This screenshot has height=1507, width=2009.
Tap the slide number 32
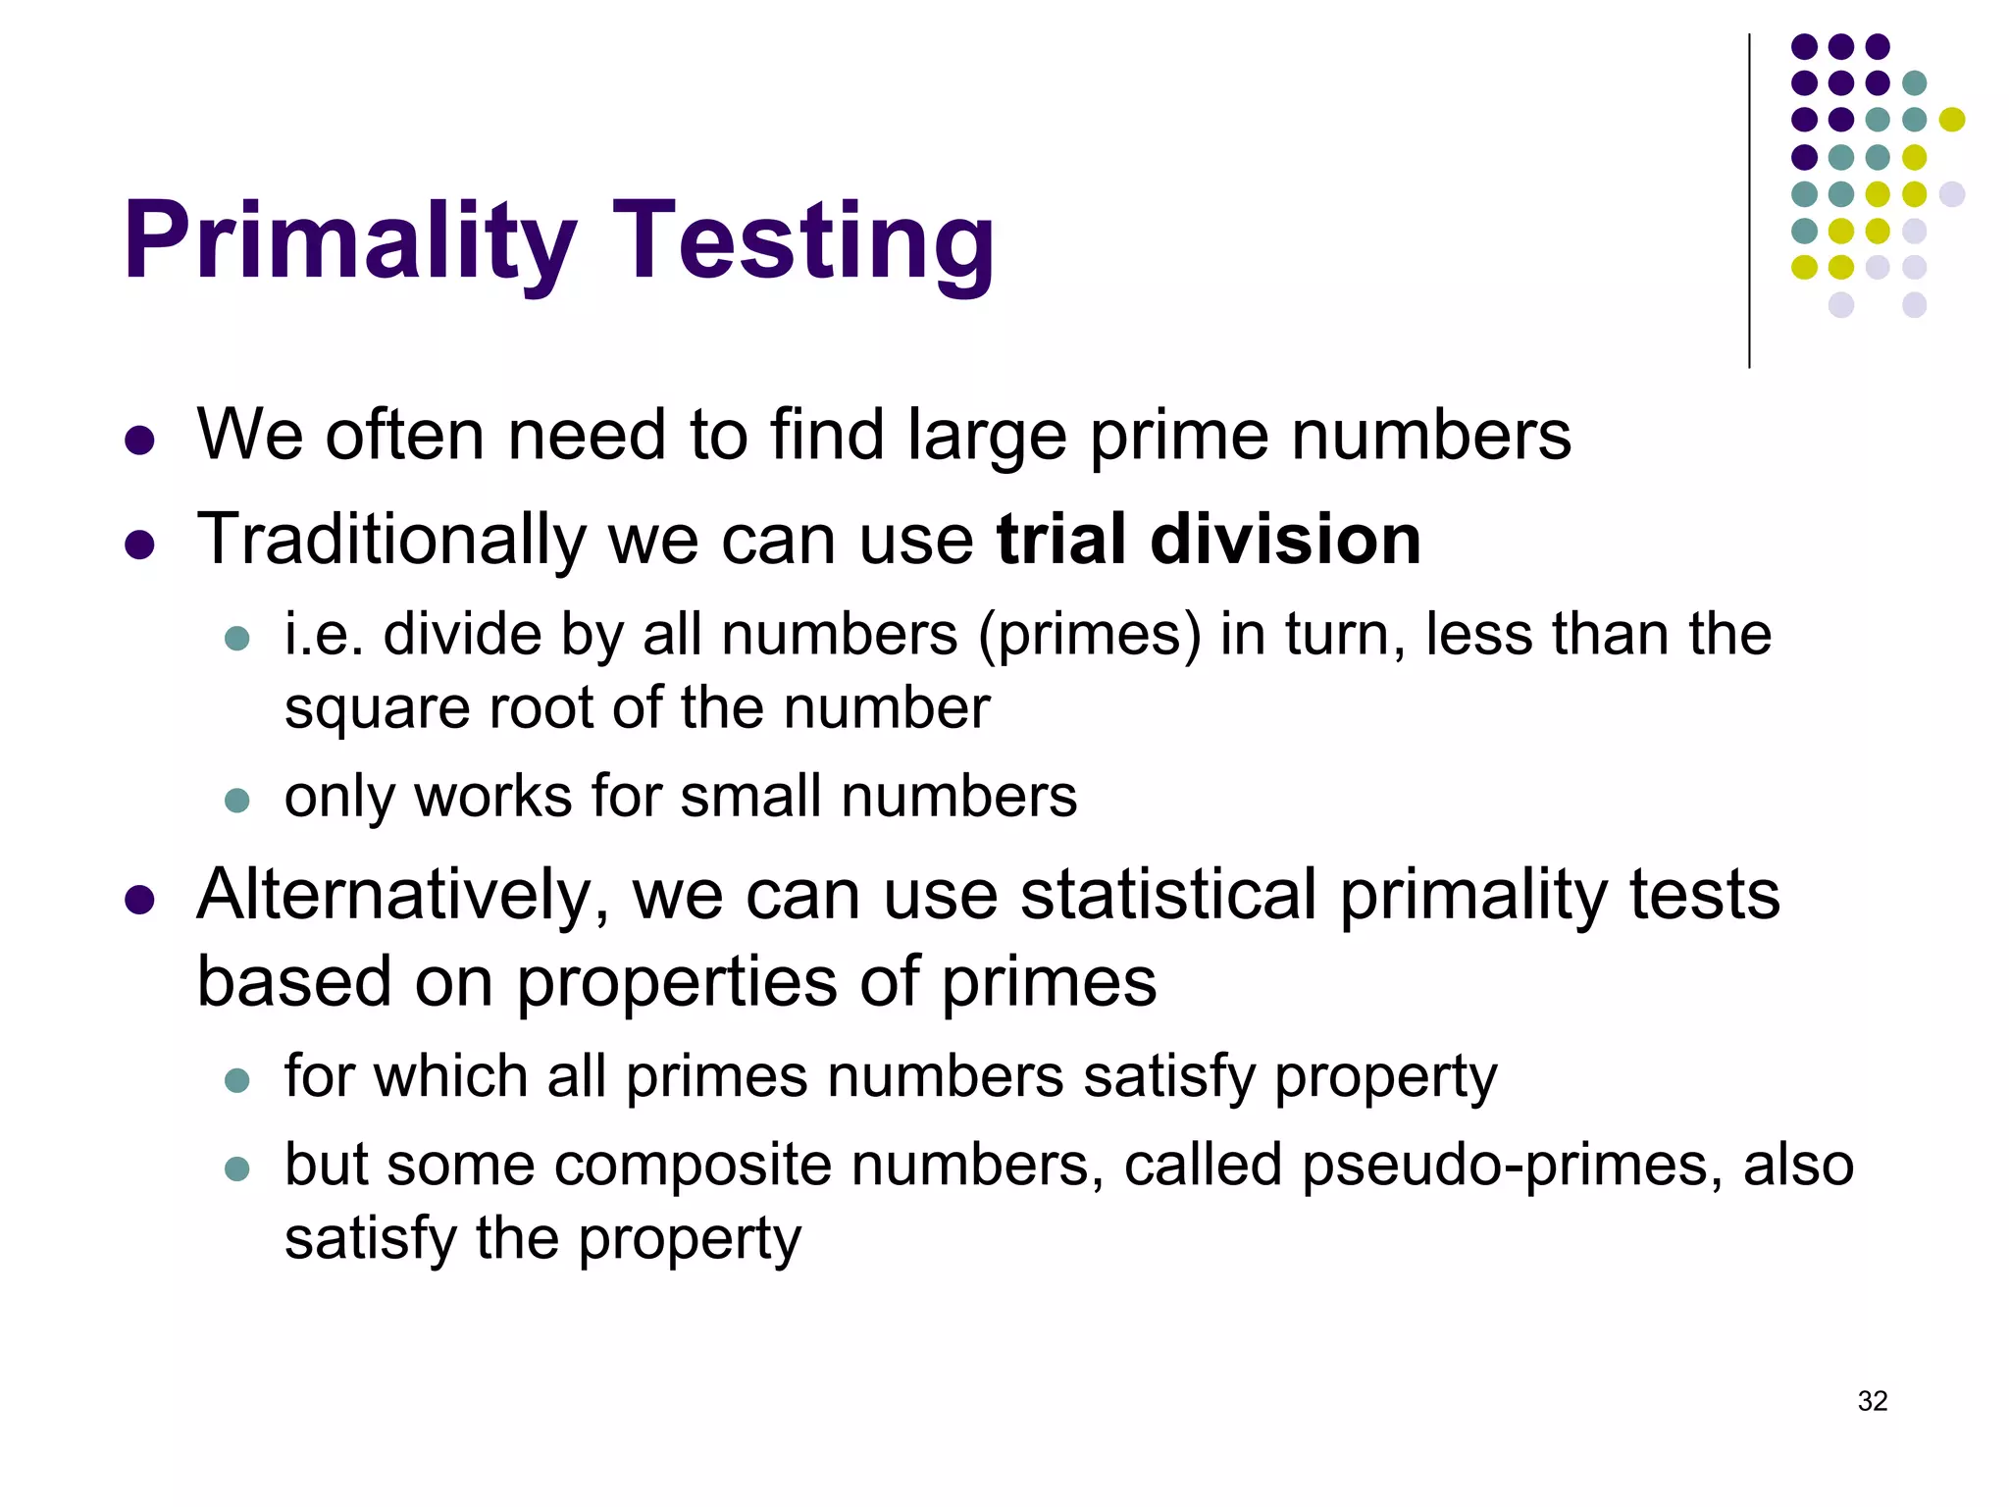pos(1872,1400)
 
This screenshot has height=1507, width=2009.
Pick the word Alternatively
pos(402,895)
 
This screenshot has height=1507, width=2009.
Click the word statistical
pos(1168,895)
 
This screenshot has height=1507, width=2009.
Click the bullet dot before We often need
pos(140,440)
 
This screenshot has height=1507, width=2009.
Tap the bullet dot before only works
pos(237,800)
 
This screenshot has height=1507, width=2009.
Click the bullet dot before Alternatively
pos(140,900)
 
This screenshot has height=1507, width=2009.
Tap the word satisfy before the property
pos(368,1238)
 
